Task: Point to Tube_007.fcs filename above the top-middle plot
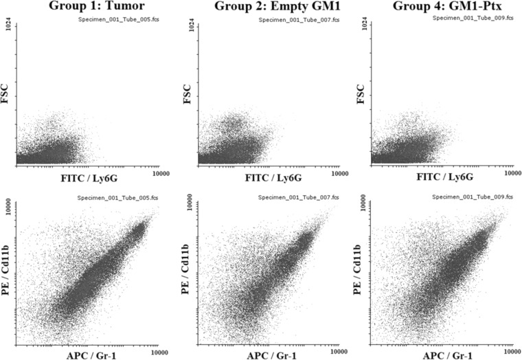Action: click(x=299, y=20)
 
